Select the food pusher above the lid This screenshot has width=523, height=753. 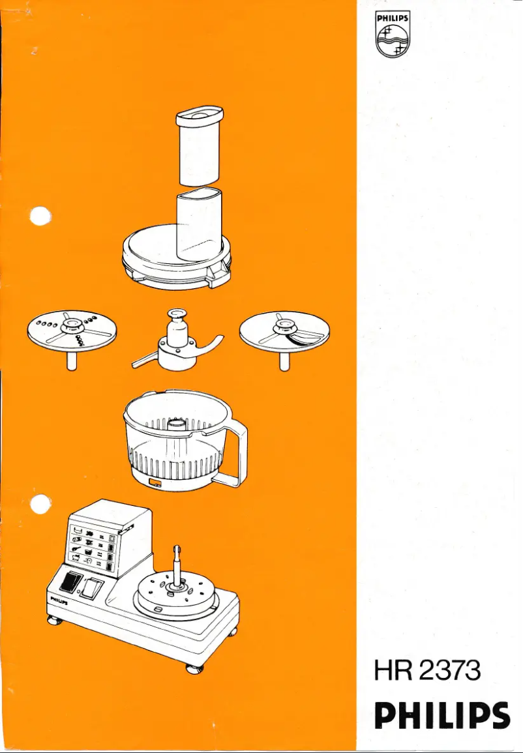coord(200,144)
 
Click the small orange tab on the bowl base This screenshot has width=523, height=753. coord(155,483)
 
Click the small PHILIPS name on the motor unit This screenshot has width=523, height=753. coord(59,598)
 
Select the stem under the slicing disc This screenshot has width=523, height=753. coord(284,360)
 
